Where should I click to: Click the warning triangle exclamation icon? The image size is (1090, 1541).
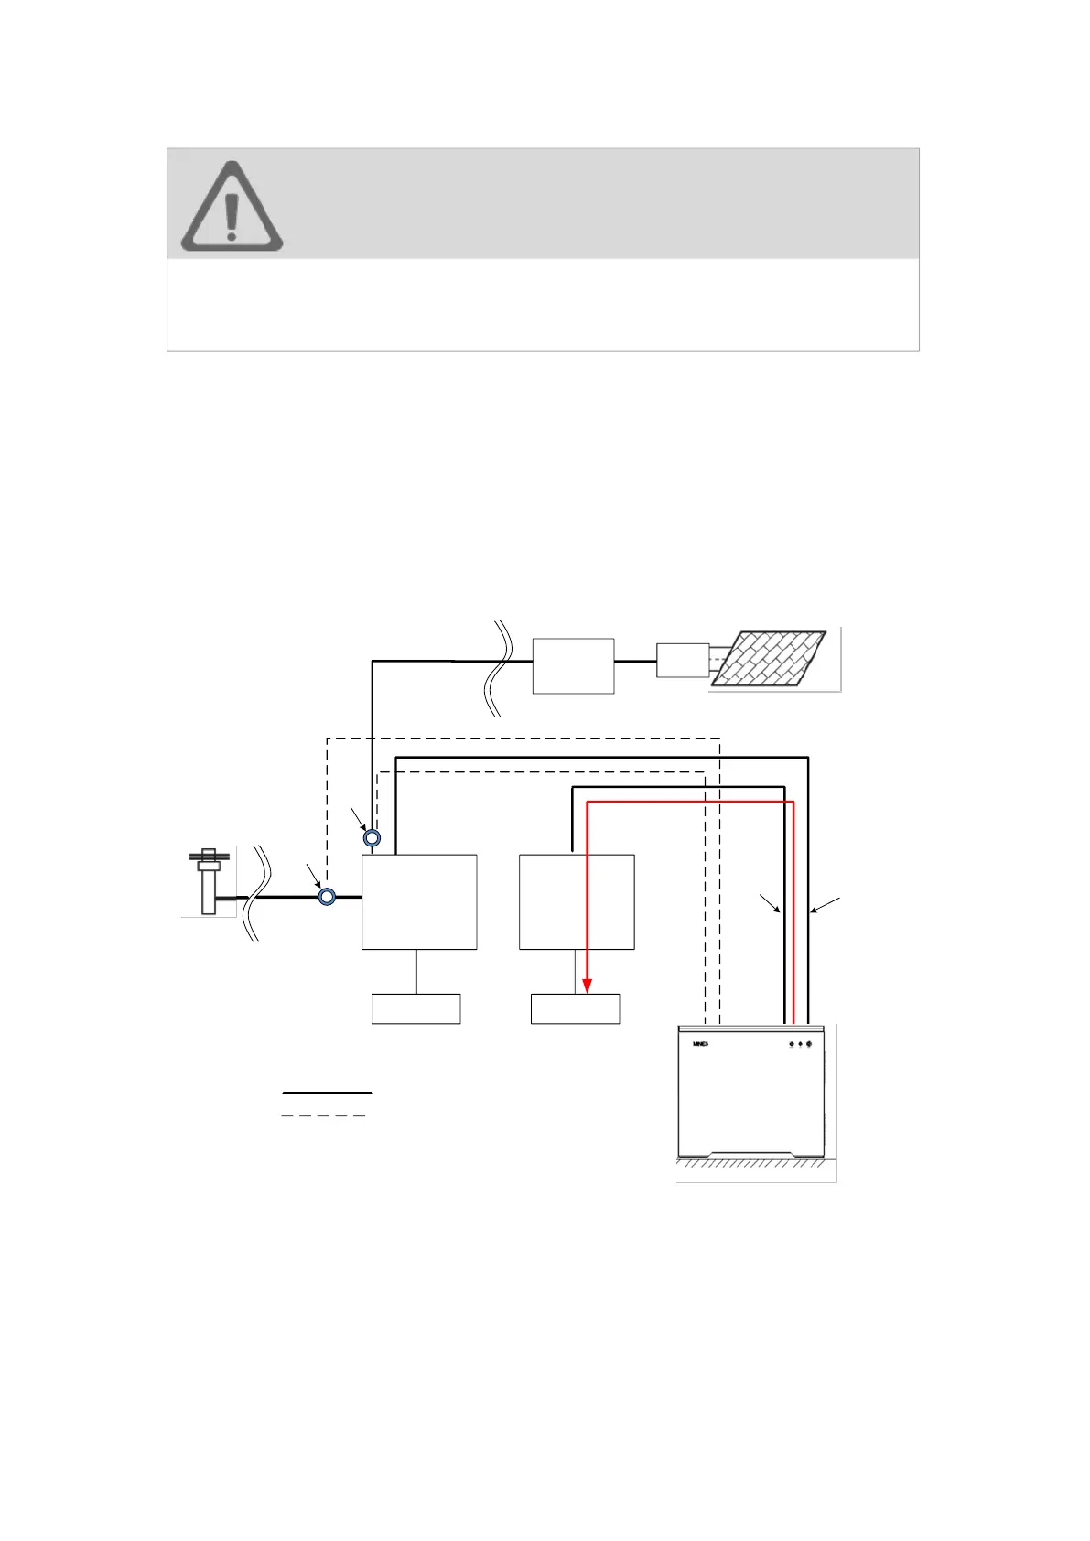tap(232, 208)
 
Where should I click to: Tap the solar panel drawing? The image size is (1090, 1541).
tap(769, 658)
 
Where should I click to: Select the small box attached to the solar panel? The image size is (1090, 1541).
tap(682, 660)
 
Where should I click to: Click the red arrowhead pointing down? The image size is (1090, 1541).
tap(587, 985)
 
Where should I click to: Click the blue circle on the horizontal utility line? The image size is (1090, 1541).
tap(327, 897)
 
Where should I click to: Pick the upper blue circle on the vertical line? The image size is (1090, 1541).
tap(372, 837)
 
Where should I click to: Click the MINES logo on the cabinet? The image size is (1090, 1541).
tap(700, 1044)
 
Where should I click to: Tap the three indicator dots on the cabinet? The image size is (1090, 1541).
tap(800, 1044)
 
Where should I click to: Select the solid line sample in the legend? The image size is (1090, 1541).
tap(327, 1093)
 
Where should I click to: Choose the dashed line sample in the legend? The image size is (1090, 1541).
tap(323, 1116)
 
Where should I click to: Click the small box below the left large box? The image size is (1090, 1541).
tap(415, 1008)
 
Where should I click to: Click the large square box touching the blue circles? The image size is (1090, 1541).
tap(419, 902)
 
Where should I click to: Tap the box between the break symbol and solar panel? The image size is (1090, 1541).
tap(573, 665)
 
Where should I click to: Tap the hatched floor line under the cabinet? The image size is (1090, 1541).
tap(750, 1164)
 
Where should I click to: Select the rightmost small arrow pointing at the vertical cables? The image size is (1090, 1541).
tap(826, 905)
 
